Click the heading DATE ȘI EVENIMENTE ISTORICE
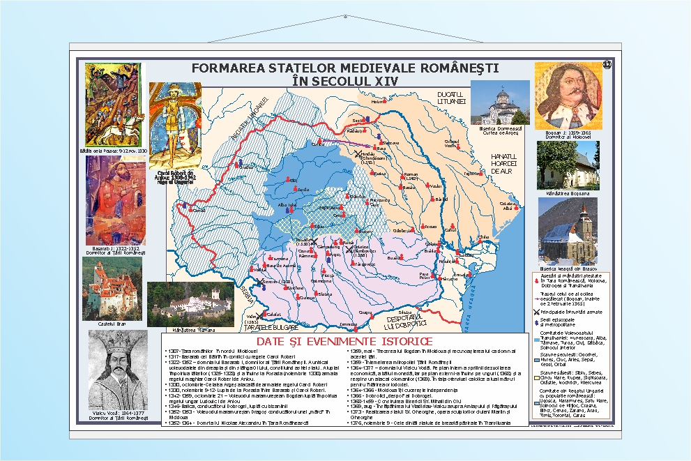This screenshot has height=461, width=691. [x=344, y=341]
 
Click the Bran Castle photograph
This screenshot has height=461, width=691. [x=112, y=289]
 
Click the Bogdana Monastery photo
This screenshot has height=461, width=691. [x=567, y=165]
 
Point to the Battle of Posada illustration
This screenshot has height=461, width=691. [x=113, y=104]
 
